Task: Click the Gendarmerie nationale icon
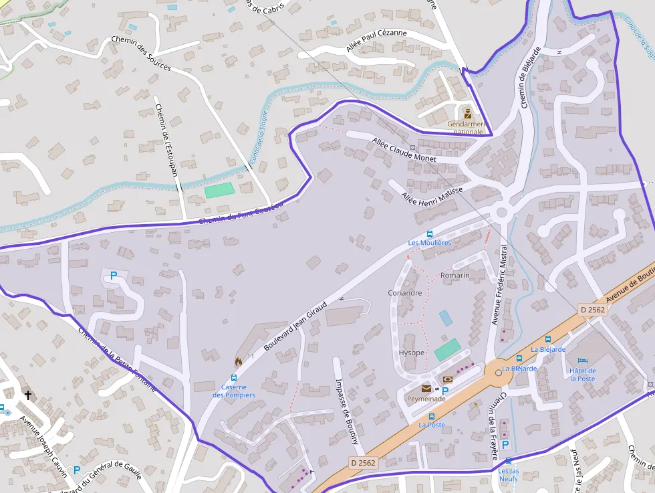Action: coord(468,113)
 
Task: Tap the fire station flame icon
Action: coord(238,361)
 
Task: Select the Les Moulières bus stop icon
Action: coord(430,233)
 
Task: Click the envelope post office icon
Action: coord(426,388)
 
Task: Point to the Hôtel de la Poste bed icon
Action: coord(582,360)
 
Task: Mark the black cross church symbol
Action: coord(27,395)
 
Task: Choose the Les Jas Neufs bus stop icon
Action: coord(508,461)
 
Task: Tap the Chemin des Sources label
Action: coord(141,54)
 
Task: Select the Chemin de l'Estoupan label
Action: coord(166,140)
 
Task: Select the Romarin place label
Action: coord(454,275)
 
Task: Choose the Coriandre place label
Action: coord(404,292)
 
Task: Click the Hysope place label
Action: coord(411,353)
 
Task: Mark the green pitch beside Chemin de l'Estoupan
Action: coord(220,190)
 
